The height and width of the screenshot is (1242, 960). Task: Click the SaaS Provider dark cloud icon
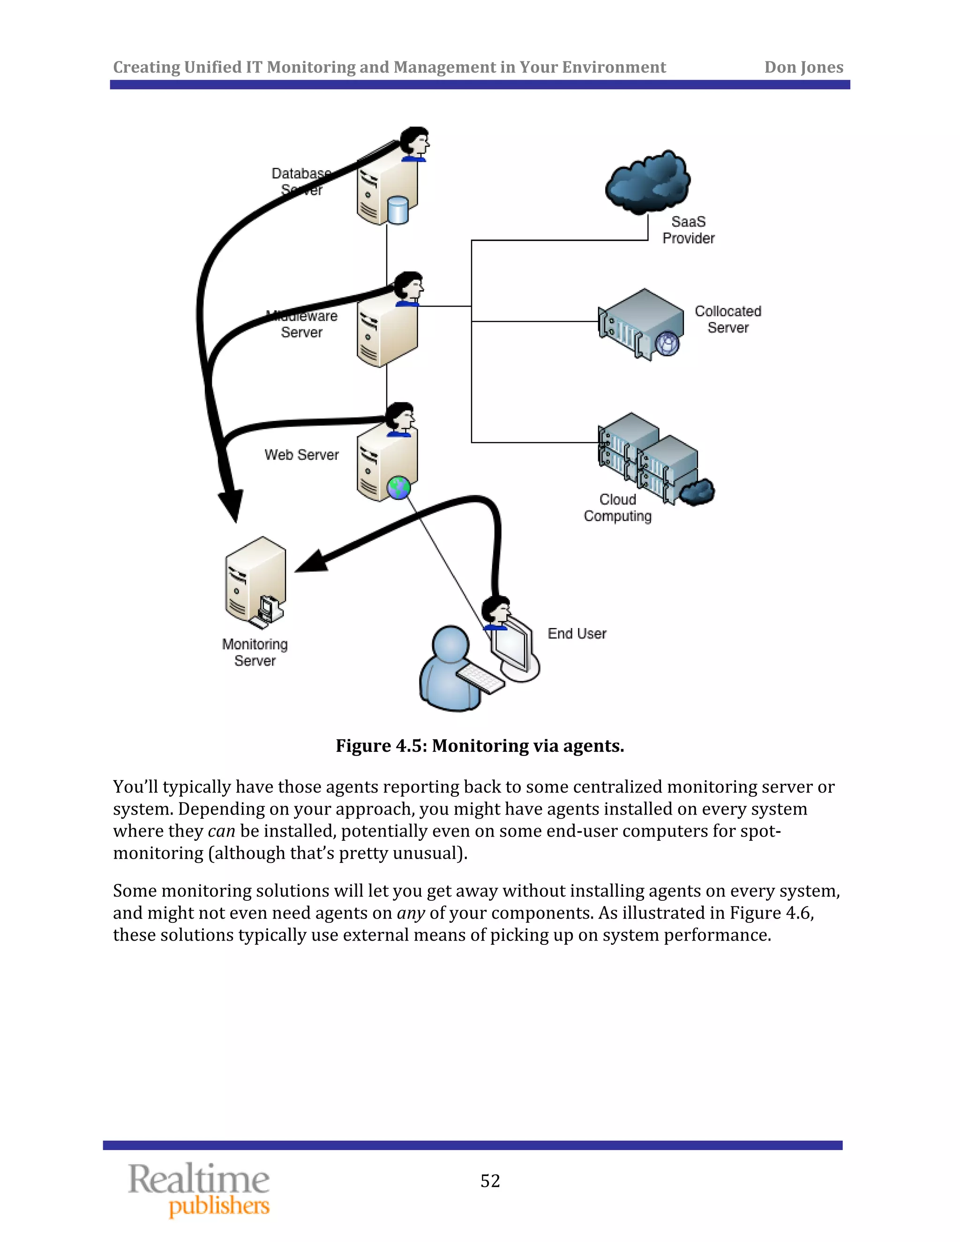[647, 182]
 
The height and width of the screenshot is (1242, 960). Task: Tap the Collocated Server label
[727, 320]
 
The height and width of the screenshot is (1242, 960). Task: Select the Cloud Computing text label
[618, 508]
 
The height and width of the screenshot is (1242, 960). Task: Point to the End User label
[577, 634]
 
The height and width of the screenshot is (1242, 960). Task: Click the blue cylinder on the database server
[397, 210]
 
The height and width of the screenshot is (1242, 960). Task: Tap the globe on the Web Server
[399, 488]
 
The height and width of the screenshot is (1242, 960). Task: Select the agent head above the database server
[414, 143]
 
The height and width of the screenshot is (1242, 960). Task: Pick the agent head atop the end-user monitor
[496, 612]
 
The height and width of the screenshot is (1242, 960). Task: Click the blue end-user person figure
[449, 671]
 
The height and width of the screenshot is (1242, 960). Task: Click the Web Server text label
[301, 455]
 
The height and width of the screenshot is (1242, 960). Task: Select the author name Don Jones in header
[803, 67]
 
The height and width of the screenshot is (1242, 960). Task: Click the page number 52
[490, 1181]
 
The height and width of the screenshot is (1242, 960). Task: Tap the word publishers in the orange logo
[219, 1206]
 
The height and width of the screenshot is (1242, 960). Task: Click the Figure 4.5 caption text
[480, 746]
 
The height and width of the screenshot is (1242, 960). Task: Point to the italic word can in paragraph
[221, 831]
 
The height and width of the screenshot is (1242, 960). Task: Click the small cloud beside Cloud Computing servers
[698, 492]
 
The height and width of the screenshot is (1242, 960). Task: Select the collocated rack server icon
[641, 323]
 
